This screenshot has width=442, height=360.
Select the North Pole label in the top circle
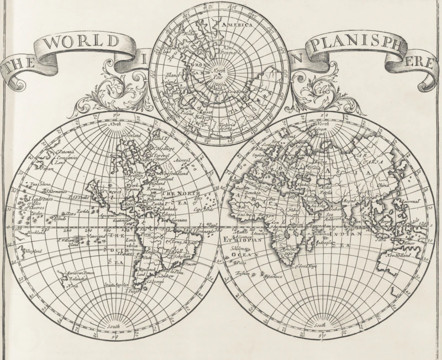coord(220,75)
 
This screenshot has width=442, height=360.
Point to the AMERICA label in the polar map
coord(236,25)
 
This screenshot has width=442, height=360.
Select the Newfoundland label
coord(177,173)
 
